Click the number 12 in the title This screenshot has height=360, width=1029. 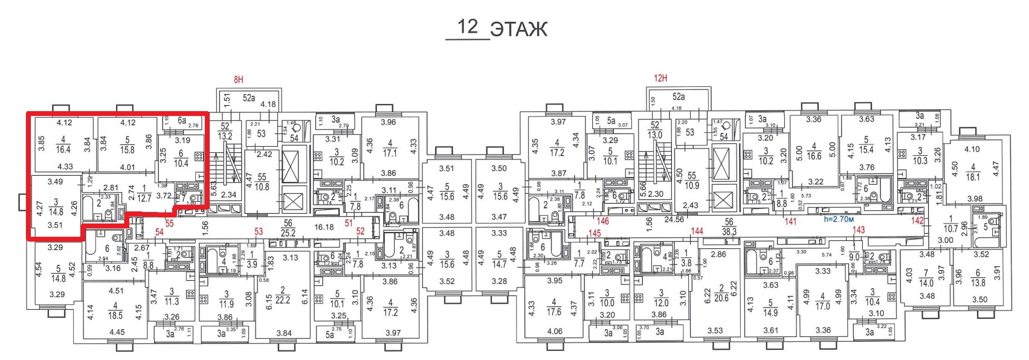(x=467, y=27)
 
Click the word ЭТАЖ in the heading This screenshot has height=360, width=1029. (x=518, y=29)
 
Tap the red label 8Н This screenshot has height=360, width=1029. (x=238, y=79)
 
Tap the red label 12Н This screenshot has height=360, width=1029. (x=660, y=78)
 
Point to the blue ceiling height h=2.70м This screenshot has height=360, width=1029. (x=839, y=219)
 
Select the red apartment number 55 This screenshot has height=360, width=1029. (x=169, y=223)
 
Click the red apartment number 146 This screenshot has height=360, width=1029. (x=602, y=221)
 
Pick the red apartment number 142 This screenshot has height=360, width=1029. (x=917, y=220)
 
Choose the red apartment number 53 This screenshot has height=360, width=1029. (x=259, y=231)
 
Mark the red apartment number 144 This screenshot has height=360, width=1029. (x=697, y=231)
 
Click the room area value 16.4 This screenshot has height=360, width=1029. (x=63, y=150)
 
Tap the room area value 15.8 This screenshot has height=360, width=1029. (x=127, y=150)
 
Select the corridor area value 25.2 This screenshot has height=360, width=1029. (x=288, y=233)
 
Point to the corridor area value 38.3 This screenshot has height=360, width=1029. (x=729, y=231)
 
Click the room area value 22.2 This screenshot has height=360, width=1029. (x=282, y=300)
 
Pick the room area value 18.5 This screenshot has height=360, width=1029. (x=115, y=315)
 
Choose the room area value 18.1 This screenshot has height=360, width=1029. (x=973, y=177)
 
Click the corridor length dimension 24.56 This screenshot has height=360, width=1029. (x=674, y=219)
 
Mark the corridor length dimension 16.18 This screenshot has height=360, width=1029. (x=324, y=227)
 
